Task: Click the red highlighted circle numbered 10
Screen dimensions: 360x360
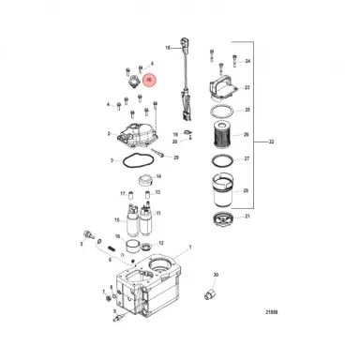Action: (148, 82)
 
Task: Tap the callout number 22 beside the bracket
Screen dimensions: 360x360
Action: (270, 142)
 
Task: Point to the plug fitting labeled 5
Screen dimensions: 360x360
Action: (89, 231)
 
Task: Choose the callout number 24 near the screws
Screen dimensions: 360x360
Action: (248, 62)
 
